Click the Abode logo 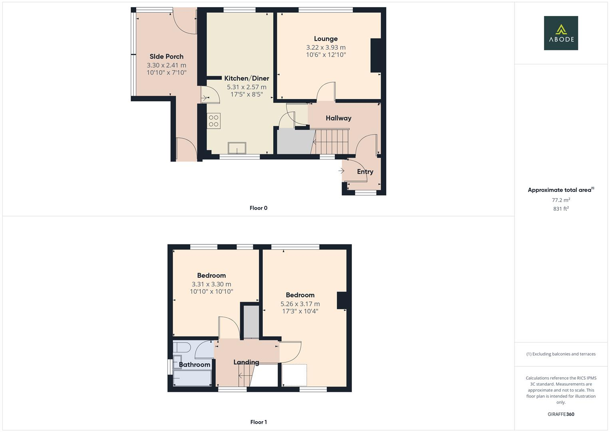(x=560, y=33)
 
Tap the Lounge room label (x=326, y=39)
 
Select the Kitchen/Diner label (x=246, y=78)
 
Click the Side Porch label (x=167, y=57)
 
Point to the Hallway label (x=338, y=118)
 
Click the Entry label (x=365, y=172)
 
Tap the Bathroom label (x=195, y=364)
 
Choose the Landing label (x=246, y=362)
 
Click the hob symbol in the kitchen (x=214, y=121)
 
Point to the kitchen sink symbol (x=238, y=148)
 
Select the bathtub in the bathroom (x=192, y=378)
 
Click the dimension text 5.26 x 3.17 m (x=300, y=304)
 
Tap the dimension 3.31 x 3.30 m (x=211, y=284)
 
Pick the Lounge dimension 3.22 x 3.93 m (x=326, y=48)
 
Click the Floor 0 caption (x=258, y=208)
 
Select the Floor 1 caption (x=258, y=422)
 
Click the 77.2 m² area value (x=561, y=200)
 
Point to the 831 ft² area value (x=561, y=209)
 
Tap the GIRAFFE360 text (x=561, y=414)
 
